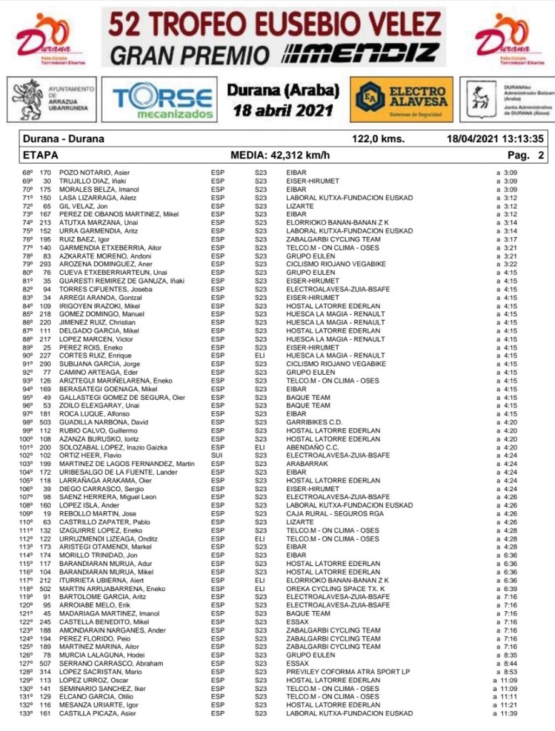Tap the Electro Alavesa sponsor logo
401,99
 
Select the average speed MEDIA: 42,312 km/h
279,154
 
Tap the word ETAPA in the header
41,154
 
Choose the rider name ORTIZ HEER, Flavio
86,455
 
